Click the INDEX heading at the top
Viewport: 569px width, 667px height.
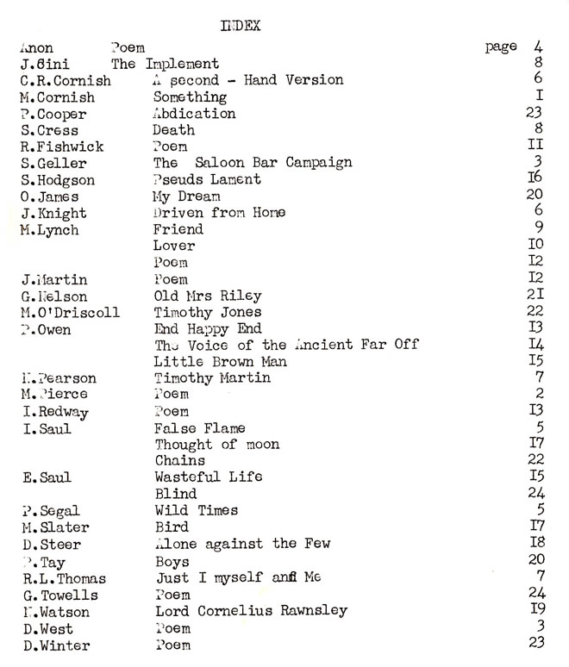pos(241,27)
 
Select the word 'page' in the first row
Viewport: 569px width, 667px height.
pos(501,47)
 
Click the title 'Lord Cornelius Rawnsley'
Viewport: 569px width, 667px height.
pos(251,611)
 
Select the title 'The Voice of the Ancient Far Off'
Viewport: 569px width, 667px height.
pos(286,345)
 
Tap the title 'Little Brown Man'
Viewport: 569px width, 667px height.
pos(220,362)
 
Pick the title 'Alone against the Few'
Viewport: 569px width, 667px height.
pos(242,544)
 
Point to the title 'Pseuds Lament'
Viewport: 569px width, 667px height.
pos(207,179)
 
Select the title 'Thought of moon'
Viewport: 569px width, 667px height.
pos(217,445)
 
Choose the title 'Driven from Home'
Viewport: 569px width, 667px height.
pos(219,213)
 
